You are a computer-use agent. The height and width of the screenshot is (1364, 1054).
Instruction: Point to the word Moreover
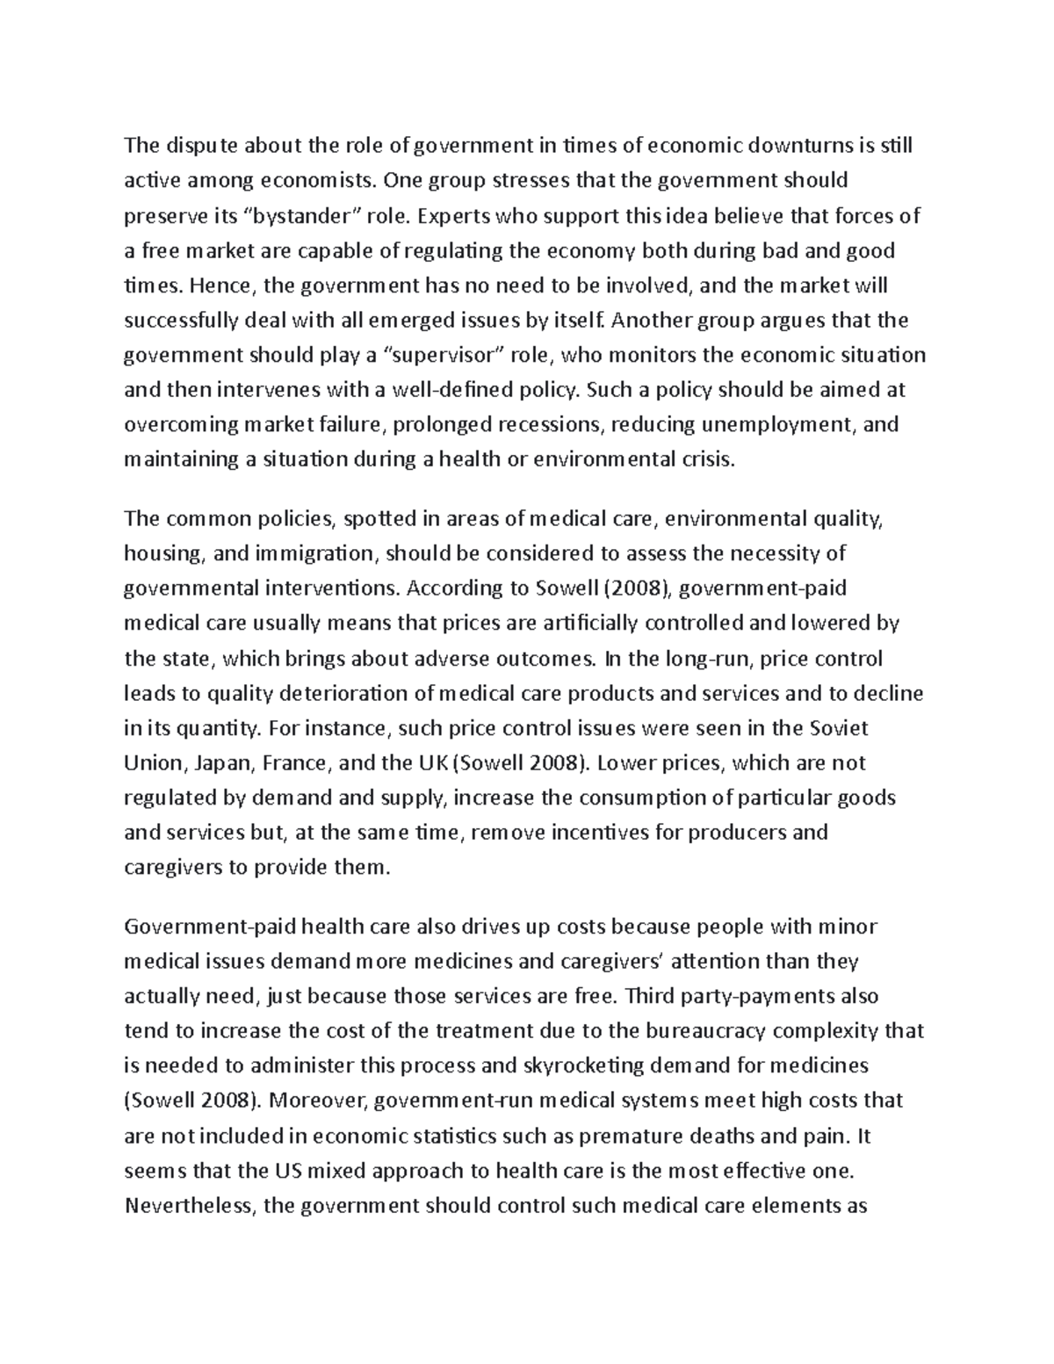(x=319, y=1101)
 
